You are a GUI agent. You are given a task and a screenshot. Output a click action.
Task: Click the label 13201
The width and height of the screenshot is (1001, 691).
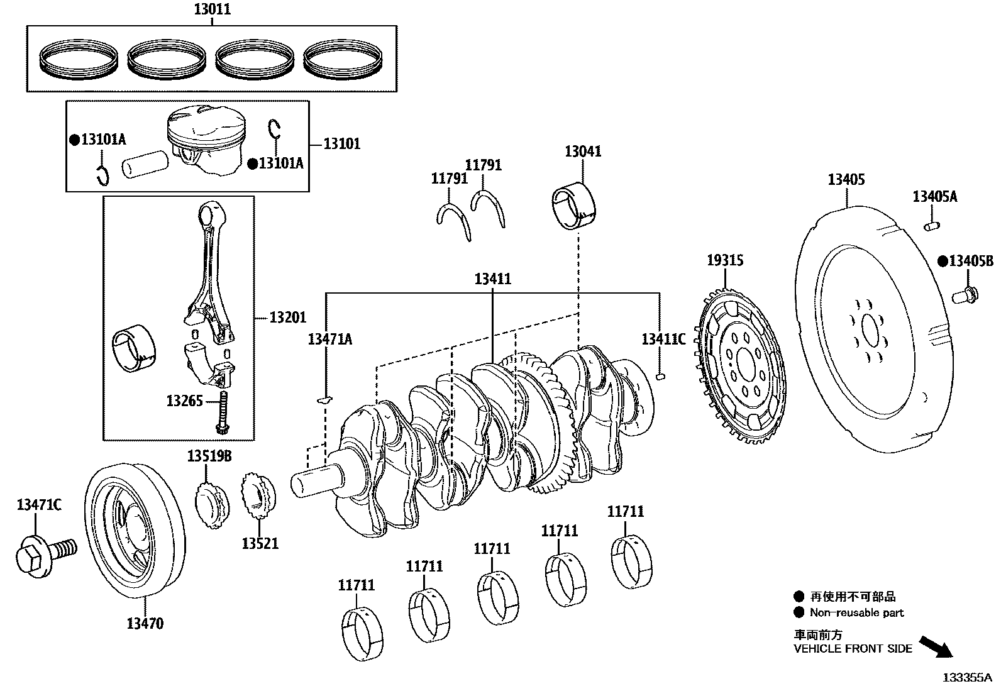point(287,318)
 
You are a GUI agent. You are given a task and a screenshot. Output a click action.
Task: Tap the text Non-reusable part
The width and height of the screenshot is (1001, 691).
point(856,612)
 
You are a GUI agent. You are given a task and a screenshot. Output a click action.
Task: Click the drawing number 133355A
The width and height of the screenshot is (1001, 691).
point(966,678)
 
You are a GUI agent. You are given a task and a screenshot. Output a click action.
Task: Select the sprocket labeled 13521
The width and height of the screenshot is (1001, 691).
point(258,497)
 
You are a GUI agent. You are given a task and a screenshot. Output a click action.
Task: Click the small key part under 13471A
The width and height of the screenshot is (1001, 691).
point(324,399)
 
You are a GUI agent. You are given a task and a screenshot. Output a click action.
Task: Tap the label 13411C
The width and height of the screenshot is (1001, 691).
point(663,340)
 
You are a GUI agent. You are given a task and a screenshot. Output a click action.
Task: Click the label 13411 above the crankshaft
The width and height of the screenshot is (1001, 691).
point(492,279)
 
